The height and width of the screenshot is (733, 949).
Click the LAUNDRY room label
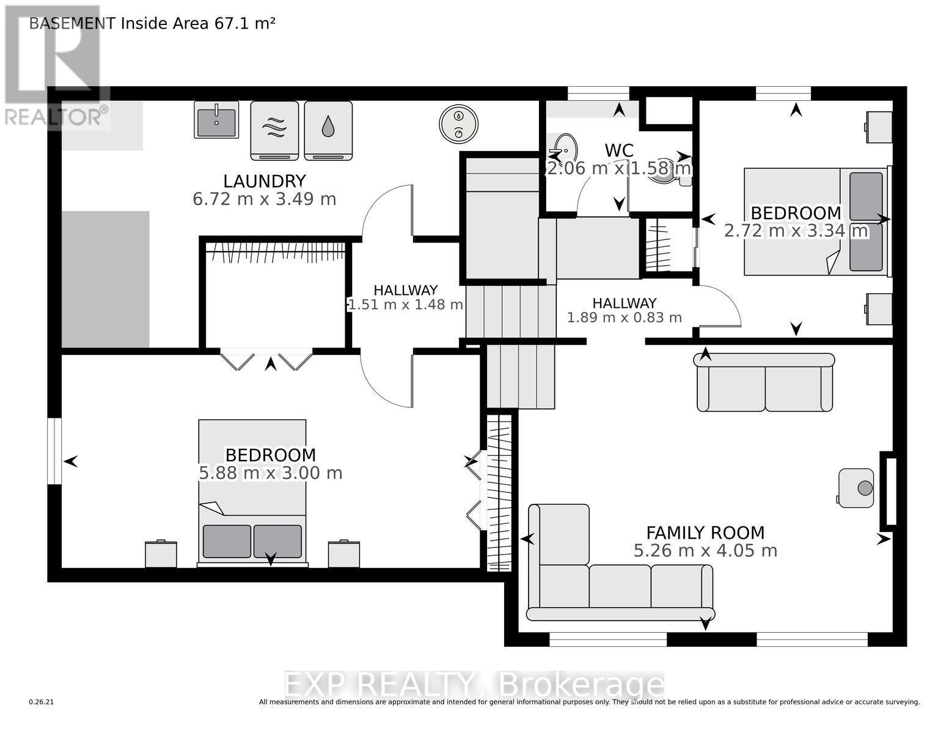pos(264,181)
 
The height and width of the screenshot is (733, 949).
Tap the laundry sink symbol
pos(216,120)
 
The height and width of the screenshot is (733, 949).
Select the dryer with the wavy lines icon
pos(274,129)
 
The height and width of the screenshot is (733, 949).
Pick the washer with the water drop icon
pos(328,129)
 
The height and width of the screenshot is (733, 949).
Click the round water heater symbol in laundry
pos(458,124)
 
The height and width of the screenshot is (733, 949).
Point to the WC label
pos(618,150)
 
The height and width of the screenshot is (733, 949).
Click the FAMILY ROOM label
pos(705,533)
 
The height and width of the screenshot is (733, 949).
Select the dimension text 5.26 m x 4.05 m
pos(705,551)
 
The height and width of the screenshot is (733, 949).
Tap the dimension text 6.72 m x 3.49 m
pos(264,199)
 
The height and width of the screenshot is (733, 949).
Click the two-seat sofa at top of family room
pos(764,383)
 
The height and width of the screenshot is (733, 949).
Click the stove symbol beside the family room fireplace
pos(856,487)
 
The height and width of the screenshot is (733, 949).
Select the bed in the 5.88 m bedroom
pos(252,492)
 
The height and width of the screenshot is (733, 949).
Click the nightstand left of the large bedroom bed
pos(161,554)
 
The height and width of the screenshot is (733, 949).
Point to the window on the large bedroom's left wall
pos(54,451)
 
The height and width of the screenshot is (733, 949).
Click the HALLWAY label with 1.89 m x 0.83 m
pos(624,304)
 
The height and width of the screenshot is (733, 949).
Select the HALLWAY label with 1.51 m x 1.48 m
pos(405,291)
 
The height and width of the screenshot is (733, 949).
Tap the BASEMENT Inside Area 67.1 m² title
pos(152,23)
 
